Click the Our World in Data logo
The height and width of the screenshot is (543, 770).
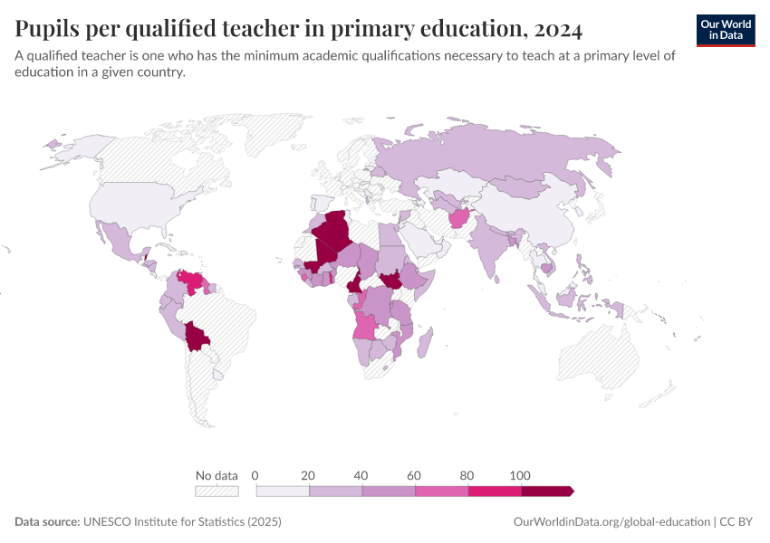tap(726, 30)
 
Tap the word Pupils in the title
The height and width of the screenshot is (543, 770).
tap(44, 29)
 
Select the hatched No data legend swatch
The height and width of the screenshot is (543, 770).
tap(217, 491)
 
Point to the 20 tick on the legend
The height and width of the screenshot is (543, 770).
tap(308, 475)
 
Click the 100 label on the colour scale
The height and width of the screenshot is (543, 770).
tap(520, 475)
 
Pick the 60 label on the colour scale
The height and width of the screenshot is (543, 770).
tap(415, 475)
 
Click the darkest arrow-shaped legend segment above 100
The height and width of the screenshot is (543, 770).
tap(546, 491)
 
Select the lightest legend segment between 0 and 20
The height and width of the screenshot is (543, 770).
tap(282, 491)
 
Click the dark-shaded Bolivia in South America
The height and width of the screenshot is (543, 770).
tap(197, 338)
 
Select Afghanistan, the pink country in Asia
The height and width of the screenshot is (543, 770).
tap(458, 218)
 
